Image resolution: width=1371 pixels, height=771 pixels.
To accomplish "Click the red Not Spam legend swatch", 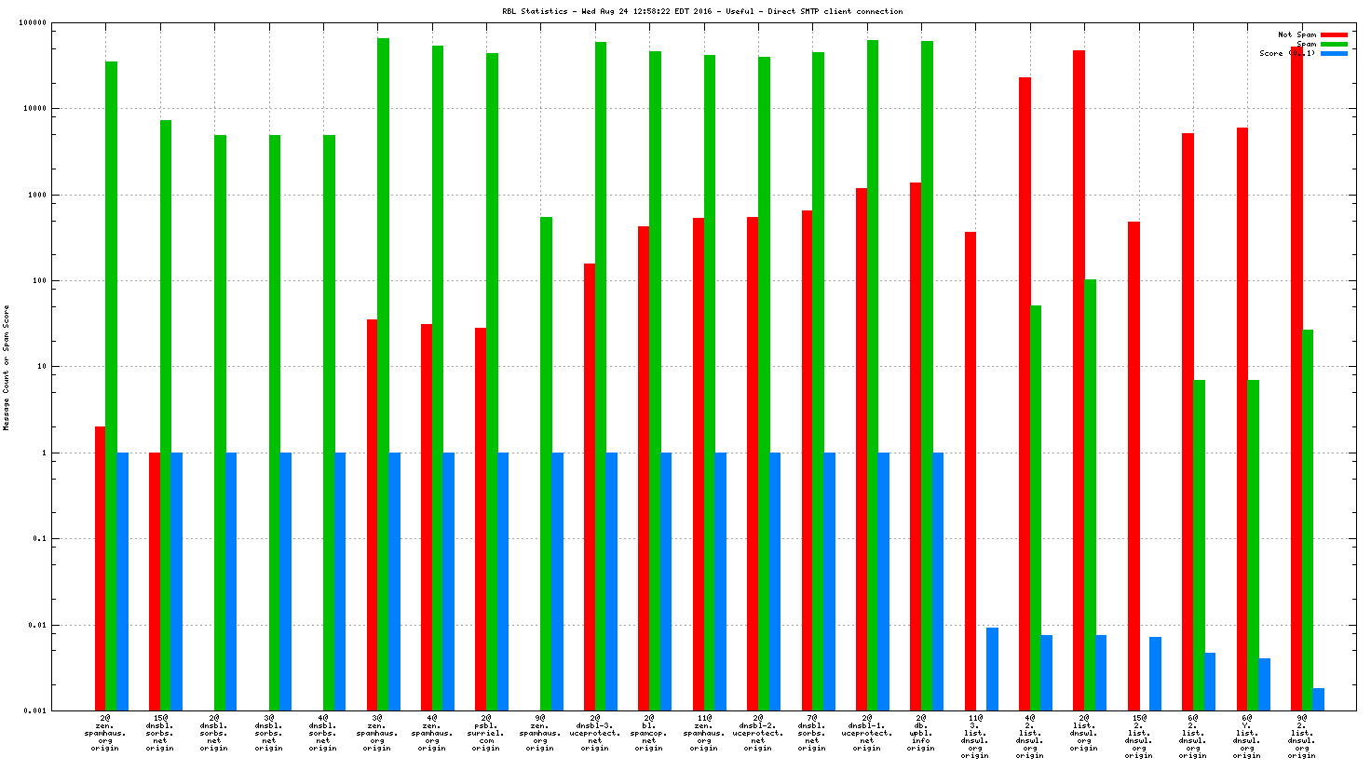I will [x=1334, y=34].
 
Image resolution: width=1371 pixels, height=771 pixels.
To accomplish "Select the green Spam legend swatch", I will [x=1334, y=44].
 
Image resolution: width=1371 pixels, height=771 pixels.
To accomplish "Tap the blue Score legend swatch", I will [x=1334, y=53].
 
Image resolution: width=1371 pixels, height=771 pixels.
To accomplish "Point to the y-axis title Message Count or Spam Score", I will [x=7, y=368].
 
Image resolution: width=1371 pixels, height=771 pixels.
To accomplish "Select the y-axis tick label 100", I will [x=38, y=281].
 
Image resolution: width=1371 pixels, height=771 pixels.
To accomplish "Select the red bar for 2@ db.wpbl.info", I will [x=916, y=446].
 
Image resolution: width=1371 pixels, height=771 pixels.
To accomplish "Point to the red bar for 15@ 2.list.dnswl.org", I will [x=1133, y=466].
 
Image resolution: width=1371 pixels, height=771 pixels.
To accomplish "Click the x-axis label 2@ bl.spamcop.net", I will [x=649, y=733].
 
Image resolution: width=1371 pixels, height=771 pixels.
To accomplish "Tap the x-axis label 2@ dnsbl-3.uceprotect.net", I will [x=594, y=733].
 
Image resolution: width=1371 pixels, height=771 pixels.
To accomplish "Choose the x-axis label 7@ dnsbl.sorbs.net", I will [x=812, y=733].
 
